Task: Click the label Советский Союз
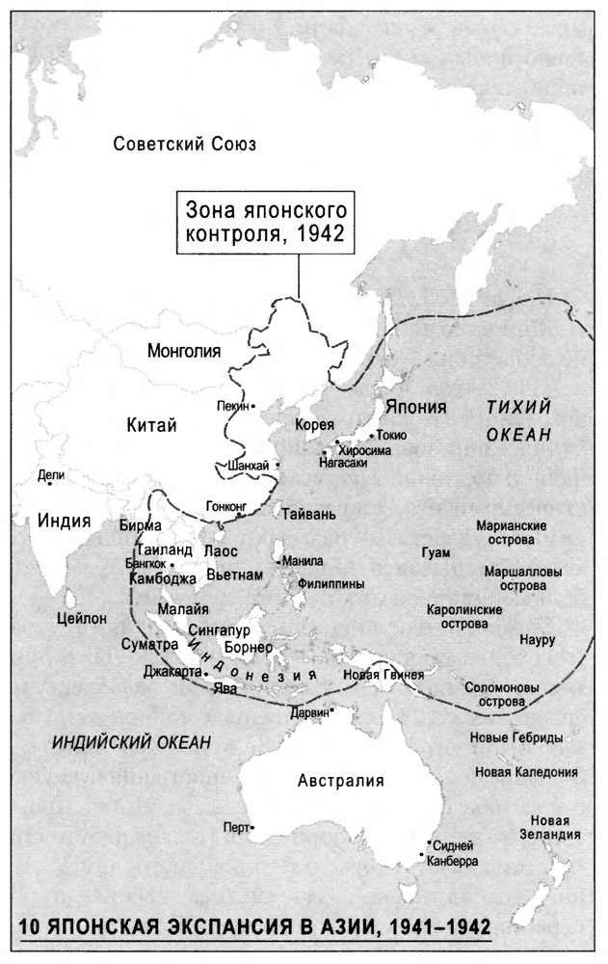pyautogui.click(x=183, y=145)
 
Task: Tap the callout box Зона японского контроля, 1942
pyautogui.click(x=261, y=222)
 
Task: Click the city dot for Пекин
pyautogui.click(x=253, y=406)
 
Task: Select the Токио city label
pyautogui.click(x=392, y=435)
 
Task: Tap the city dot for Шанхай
pyautogui.click(x=278, y=466)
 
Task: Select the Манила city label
pyautogui.click(x=303, y=561)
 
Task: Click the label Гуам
pyautogui.click(x=436, y=551)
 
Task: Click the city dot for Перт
pyautogui.click(x=252, y=827)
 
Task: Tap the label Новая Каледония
pyautogui.click(x=526, y=772)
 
